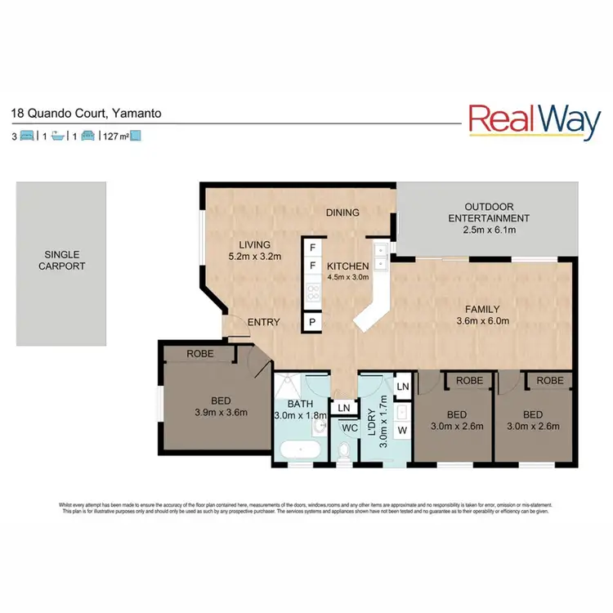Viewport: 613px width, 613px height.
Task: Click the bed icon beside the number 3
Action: pos(27,136)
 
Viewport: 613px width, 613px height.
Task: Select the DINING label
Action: pos(342,213)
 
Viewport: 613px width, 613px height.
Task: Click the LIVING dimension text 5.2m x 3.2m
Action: pos(254,257)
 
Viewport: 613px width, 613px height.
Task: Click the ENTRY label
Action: pos(263,322)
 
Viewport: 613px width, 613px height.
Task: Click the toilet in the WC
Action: pos(344,451)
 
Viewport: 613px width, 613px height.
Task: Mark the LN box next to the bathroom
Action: pos(343,406)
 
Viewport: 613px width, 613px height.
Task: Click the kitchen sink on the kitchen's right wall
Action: pos(380,251)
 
